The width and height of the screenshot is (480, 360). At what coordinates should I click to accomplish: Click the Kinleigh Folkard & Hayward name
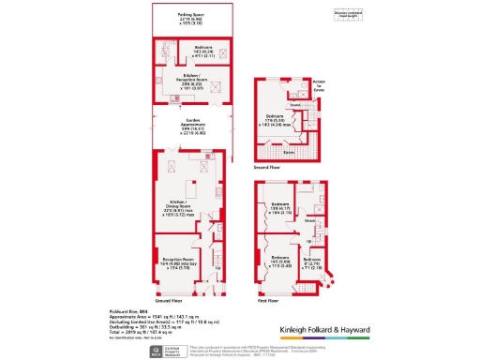pos(326,330)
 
